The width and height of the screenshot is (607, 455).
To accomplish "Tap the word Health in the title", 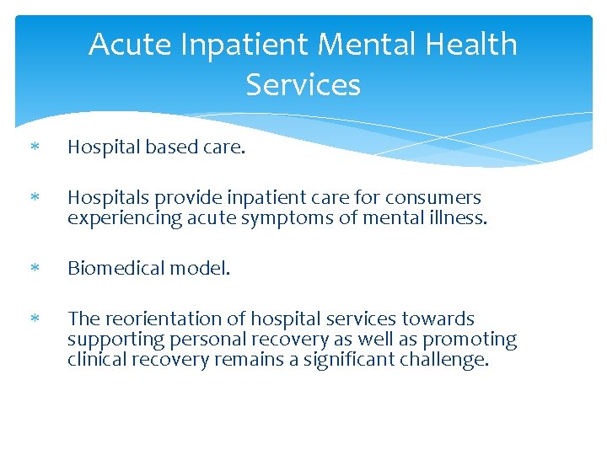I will point(469,44).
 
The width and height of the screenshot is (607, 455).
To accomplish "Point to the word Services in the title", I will point(303,84).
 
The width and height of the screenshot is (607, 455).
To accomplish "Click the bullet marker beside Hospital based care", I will point(35,148).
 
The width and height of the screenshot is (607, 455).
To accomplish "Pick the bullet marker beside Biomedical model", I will point(35,270).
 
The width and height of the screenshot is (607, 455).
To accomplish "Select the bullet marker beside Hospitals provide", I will point(35,199).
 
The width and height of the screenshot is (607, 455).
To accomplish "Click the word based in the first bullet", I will point(169,147).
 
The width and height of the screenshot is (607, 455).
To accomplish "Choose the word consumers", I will point(433,198).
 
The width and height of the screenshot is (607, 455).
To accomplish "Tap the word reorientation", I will point(158,319).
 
